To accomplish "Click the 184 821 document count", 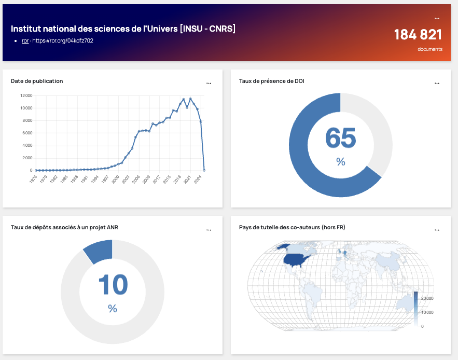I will click(418, 35).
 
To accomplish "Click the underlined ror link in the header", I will click(25, 40).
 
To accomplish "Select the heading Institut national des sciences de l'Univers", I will click(123, 29).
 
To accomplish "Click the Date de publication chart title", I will click(37, 81).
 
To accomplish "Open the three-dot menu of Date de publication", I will click(209, 83).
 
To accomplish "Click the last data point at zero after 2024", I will click(204, 170).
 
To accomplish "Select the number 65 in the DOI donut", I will click(340, 138).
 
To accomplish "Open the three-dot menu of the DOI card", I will click(437, 83).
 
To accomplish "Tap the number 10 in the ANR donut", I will click(113, 284).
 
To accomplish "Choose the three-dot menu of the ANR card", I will click(209, 229).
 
